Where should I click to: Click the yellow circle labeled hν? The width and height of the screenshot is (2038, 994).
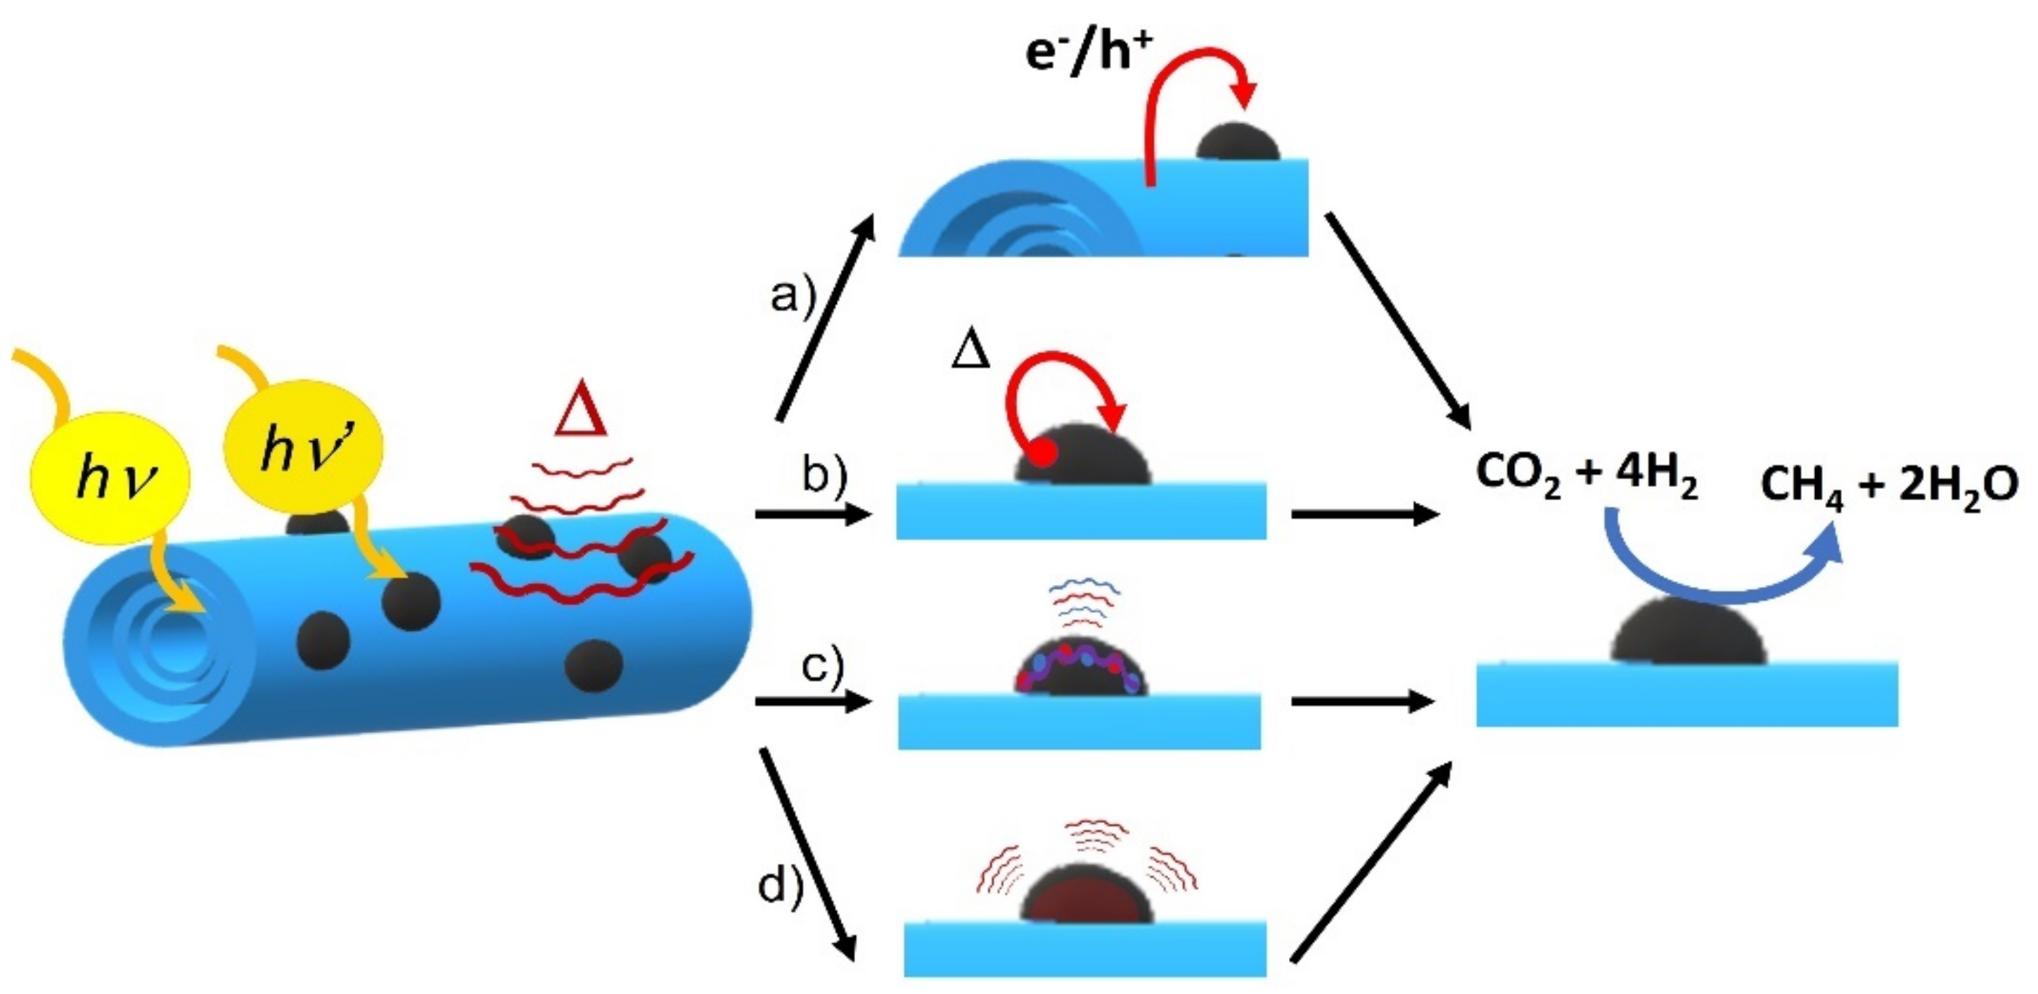(x=111, y=477)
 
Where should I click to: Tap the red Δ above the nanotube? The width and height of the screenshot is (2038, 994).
(x=582, y=414)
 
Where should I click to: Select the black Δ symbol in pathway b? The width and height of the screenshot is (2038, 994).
(x=970, y=350)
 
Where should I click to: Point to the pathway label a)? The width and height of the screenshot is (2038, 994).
(x=792, y=298)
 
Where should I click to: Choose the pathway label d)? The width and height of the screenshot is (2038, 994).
(x=780, y=886)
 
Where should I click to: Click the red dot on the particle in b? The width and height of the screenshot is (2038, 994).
(x=1044, y=454)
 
